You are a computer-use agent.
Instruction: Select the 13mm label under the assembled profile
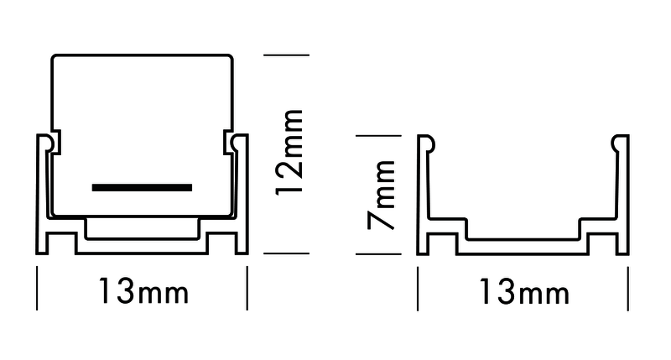pos(143,293)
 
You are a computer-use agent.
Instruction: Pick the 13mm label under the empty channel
pos(523,293)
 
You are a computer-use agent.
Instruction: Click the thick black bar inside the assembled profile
pos(142,187)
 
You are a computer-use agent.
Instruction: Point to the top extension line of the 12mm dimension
pos(287,55)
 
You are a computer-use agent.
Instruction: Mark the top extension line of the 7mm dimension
pos(378,136)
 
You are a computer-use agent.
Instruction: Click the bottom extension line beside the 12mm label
pos(287,253)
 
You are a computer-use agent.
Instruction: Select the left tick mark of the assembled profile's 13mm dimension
pos(37,288)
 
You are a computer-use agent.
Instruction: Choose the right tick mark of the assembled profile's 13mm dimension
pos(247,288)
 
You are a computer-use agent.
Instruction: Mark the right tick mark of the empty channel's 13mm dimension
pos(628,288)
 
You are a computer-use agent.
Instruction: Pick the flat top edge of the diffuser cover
pos(142,56)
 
